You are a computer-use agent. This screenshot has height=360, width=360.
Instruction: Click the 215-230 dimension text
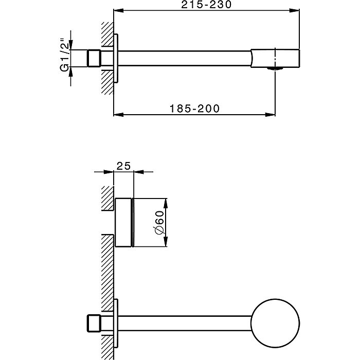[207, 5]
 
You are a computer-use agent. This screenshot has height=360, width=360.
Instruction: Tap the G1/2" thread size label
[64, 58]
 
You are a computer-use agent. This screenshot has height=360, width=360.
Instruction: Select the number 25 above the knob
[123, 166]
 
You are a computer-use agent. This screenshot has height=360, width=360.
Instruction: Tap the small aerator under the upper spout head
[277, 68]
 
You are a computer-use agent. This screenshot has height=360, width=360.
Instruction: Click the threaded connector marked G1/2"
[93, 58]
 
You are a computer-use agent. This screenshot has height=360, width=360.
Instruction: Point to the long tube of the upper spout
[185, 58]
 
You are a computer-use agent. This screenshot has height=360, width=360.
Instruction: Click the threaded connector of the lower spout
[93, 322]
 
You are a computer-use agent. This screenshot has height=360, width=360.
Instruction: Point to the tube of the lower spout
[185, 322]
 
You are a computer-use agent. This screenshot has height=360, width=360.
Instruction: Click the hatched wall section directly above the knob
[107, 199]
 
